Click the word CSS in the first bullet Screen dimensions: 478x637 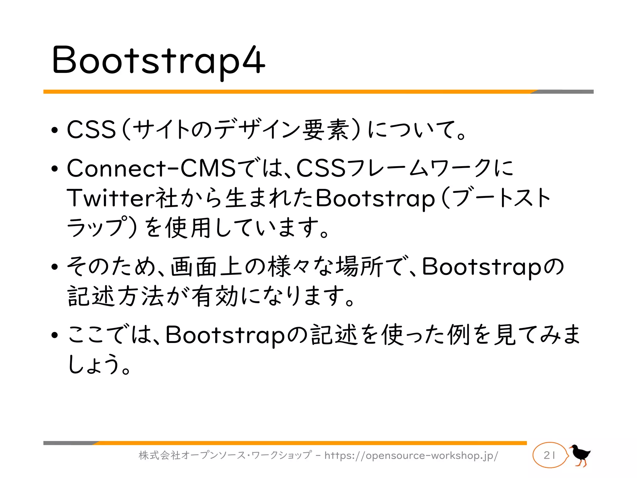pos(91,129)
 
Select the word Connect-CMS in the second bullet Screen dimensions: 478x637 pos(151,168)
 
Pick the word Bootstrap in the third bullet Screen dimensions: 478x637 pos(481,267)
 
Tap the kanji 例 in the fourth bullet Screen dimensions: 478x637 pos(458,335)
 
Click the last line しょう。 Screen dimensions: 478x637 pos(99,365)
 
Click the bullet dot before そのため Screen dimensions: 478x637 pos(55,267)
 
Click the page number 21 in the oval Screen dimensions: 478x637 pos(550,455)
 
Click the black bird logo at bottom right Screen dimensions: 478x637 pos(580,455)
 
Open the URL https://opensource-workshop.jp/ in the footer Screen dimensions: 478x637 pos(411,456)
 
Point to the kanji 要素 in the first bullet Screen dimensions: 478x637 pos(325,129)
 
